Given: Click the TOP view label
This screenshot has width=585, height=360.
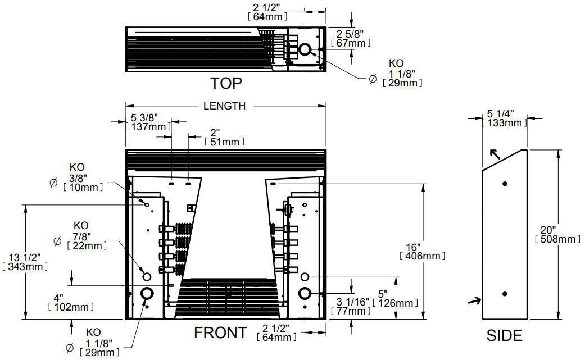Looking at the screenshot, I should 226,83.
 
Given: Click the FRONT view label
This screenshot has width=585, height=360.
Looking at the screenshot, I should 220,332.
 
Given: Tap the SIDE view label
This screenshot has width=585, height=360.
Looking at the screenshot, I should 504,335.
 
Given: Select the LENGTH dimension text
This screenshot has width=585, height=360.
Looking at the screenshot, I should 224,106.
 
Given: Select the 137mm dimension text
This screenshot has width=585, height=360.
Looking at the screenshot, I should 149,127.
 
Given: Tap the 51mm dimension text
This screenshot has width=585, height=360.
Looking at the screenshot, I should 223,142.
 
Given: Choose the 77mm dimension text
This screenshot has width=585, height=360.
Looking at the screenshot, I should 352,311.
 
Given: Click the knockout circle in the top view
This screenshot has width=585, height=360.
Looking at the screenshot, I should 305,50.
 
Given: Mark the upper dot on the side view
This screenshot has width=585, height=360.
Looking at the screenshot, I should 505,184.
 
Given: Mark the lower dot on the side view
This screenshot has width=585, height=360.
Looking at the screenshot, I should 505,294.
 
